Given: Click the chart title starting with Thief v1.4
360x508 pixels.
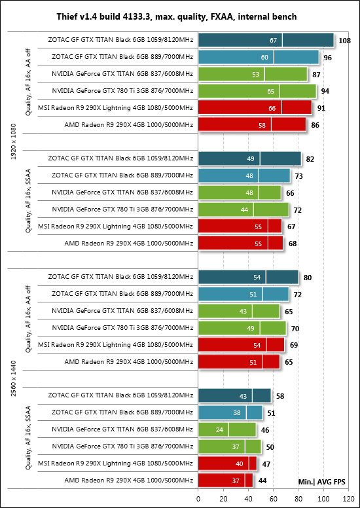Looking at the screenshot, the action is click(x=177, y=16).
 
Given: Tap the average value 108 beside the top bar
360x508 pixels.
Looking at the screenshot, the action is click(x=344, y=41).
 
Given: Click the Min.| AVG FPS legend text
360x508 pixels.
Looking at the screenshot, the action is click(x=321, y=482).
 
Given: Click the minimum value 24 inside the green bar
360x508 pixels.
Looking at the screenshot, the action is click(x=220, y=430).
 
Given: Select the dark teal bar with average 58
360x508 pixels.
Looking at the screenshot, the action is click(x=234, y=396).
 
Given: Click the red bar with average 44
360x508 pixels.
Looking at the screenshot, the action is click(x=226, y=480).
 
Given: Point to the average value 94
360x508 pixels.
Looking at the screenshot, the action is click(x=325, y=92).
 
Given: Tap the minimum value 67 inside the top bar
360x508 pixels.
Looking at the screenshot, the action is click(x=273, y=41).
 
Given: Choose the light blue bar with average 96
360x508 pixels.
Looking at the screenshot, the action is click(x=259, y=58).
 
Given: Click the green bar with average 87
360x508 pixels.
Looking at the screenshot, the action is click(x=253, y=74).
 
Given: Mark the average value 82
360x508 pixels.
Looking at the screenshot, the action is click(x=310, y=159).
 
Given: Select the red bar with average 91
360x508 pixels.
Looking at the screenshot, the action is click(x=255, y=108).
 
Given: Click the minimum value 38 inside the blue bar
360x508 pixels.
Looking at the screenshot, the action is click(x=238, y=413).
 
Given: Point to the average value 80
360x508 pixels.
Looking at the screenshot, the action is click(x=308, y=278).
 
